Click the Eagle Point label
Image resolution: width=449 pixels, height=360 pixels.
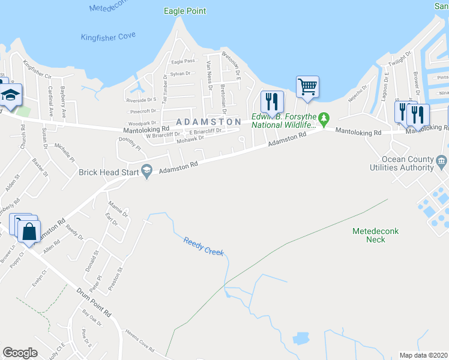point(184,11)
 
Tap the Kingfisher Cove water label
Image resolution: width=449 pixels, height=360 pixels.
point(108,37)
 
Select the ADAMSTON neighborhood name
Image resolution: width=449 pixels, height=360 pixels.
point(208,121)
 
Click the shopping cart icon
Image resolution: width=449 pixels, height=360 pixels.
point(307,86)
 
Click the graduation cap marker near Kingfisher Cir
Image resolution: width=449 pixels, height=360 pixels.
point(10,95)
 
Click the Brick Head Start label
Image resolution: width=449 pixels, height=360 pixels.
point(108,172)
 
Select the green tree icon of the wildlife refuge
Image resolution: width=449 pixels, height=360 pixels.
point(324,118)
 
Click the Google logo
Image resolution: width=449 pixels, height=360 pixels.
point(20,352)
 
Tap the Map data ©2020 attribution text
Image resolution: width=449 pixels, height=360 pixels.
point(423,355)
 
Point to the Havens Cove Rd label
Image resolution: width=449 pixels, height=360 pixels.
point(140,341)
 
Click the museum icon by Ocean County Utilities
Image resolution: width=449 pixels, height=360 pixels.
point(442,160)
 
